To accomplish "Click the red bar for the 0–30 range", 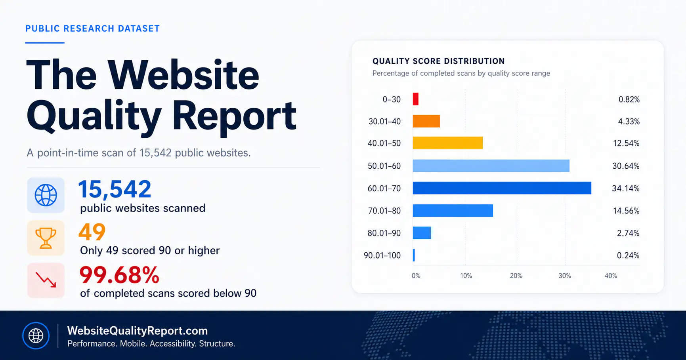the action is (415, 99).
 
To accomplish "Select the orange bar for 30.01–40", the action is (426, 121).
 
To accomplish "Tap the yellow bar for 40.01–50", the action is (447, 143).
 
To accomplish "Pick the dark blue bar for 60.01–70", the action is (502, 188).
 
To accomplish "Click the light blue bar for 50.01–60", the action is (491, 166).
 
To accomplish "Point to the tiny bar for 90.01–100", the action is (414, 255).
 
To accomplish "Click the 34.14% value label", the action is (625, 189).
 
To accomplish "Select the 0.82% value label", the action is (629, 99).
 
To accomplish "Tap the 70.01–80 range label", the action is (384, 211).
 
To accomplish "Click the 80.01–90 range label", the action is (384, 233).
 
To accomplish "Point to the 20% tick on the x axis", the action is (516, 276).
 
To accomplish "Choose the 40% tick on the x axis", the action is (611, 276).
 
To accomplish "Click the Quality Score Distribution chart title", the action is (439, 61).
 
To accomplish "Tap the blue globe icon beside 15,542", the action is (46, 195).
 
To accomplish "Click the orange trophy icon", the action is (46, 238).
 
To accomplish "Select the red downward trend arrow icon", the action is (46, 280).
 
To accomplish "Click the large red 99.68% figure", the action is (119, 275).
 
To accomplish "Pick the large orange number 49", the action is (92, 232).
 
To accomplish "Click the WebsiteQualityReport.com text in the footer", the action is (138, 331).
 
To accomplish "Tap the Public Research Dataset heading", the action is (92, 29).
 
